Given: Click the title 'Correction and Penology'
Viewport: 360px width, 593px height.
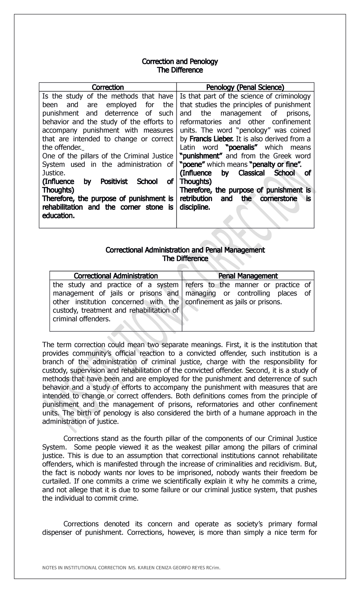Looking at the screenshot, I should (180, 62).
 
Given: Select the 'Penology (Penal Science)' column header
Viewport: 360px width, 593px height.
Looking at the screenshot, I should (245, 87).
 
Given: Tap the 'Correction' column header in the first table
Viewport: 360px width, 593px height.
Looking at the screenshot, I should (108, 87).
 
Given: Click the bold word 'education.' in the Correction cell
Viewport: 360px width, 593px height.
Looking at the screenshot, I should (58, 216).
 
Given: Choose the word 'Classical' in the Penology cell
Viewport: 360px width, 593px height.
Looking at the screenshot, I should (251, 173).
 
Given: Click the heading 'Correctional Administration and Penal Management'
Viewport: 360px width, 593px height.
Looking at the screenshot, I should (185, 250).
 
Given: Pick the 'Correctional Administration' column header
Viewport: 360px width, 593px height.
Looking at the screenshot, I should (116, 276).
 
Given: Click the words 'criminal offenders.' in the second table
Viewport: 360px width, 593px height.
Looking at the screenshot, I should (82, 319).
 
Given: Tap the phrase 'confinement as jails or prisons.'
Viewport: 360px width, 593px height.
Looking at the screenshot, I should (234, 302).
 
